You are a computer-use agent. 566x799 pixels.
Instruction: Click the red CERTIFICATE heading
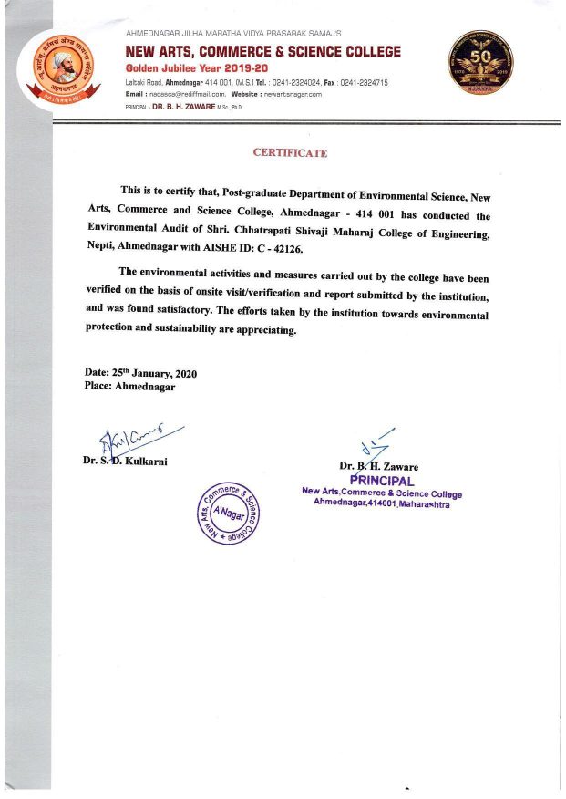[x=289, y=152]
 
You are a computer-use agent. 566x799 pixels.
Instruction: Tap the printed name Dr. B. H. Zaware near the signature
[x=379, y=467]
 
